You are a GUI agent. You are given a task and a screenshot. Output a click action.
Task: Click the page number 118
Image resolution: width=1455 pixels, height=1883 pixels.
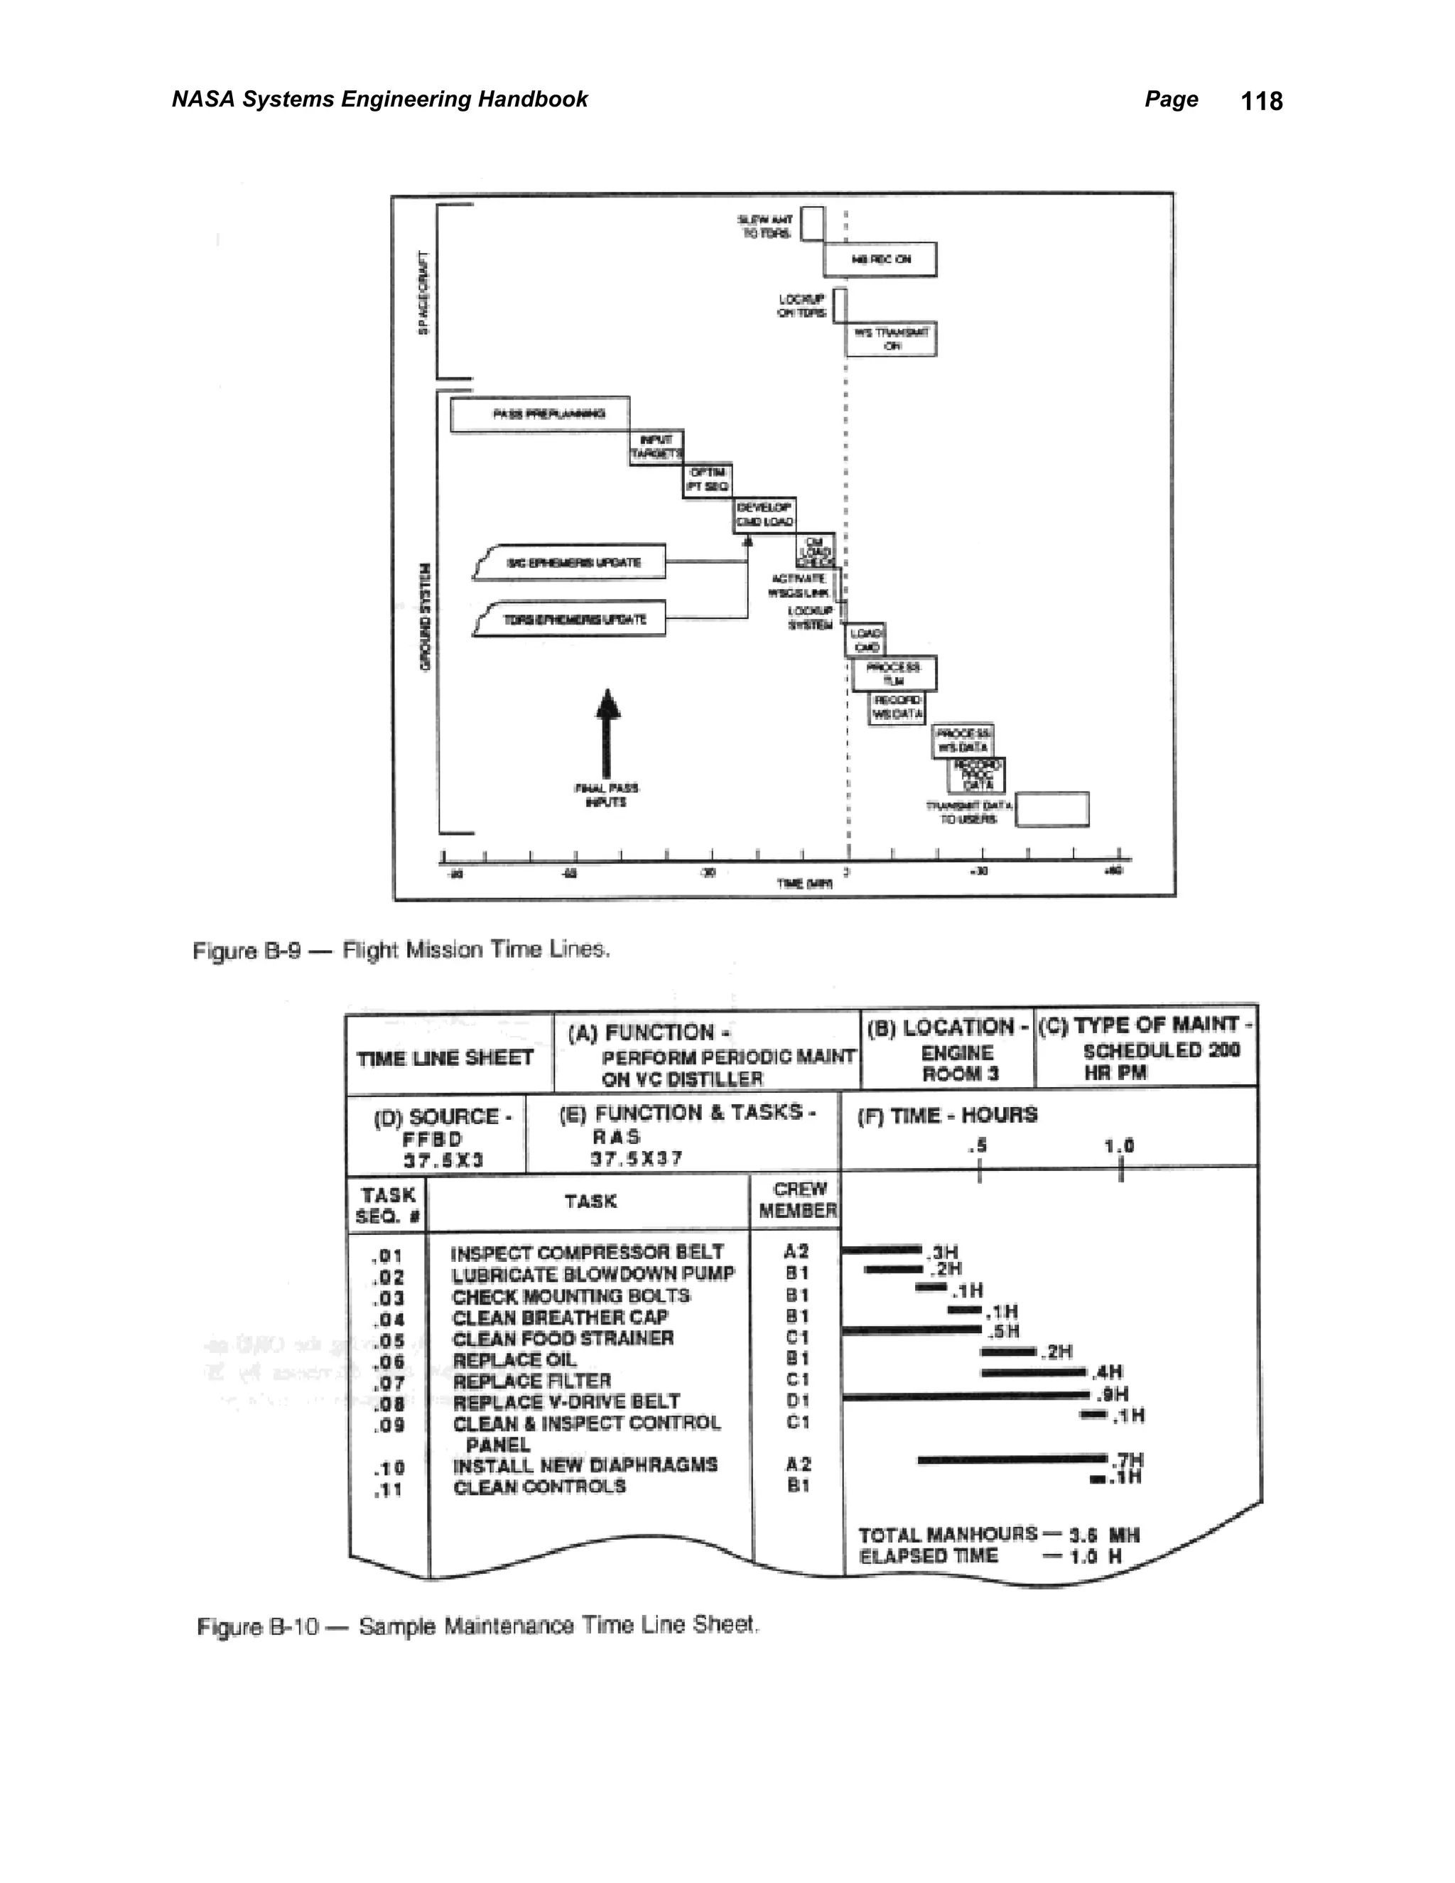point(1261,101)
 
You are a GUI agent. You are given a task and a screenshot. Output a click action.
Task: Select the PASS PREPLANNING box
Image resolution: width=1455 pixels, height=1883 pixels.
point(540,414)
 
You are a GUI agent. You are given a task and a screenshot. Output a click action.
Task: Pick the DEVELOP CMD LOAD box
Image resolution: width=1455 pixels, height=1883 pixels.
point(764,514)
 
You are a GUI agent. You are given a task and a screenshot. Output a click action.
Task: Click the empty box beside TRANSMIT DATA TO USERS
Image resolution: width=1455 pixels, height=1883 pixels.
point(1051,809)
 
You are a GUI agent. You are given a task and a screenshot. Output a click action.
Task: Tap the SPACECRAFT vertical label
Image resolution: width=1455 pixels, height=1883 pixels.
point(423,293)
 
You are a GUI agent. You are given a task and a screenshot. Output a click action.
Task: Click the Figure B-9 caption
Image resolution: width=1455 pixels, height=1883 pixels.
point(401,950)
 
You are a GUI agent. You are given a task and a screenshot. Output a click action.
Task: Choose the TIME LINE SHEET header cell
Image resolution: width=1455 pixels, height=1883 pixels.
point(445,1057)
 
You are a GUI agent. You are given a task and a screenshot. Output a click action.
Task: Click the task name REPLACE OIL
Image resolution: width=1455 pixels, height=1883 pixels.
point(514,1359)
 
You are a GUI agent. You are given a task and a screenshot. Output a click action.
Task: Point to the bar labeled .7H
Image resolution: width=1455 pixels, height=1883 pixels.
point(1013,1459)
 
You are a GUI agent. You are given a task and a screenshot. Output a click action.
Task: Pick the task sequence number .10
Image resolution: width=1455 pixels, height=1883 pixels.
point(389,1467)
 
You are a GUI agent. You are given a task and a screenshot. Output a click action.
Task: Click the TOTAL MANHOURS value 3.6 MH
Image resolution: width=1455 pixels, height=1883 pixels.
point(1103,1535)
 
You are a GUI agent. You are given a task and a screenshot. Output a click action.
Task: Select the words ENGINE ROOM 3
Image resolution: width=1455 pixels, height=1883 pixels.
point(958,1063)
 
